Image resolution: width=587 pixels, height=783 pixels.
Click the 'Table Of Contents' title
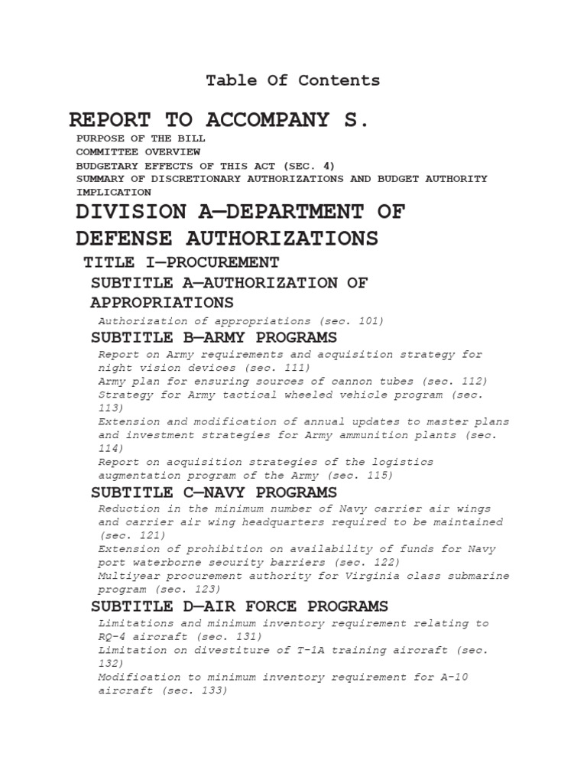(x=293, y=80)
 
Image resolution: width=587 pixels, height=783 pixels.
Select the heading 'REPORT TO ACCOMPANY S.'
(x=219, y=120)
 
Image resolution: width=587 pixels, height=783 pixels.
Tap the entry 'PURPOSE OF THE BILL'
(x=141, y=138)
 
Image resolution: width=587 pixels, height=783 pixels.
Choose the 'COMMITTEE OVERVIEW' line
(x=138, y=152)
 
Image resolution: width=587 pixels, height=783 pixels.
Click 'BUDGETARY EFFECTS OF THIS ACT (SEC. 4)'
(x=205, y=165)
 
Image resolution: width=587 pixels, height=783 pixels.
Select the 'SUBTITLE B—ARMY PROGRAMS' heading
(x=214, y=337)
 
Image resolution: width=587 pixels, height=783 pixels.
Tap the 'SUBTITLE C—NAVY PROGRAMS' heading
(x=214, y=492)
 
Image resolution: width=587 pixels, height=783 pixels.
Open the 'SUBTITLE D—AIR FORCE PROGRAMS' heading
(x=239, y=606)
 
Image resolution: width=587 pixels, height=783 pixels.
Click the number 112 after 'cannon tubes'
(x=471, y=381)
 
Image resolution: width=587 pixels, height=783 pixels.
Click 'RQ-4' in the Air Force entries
(x=112, y=636)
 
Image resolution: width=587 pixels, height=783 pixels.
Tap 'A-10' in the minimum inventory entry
(x=472, y=677)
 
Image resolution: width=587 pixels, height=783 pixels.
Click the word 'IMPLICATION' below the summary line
(x=113, y=192)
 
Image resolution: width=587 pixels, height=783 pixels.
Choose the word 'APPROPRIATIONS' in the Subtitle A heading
(x=162, y=302)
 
